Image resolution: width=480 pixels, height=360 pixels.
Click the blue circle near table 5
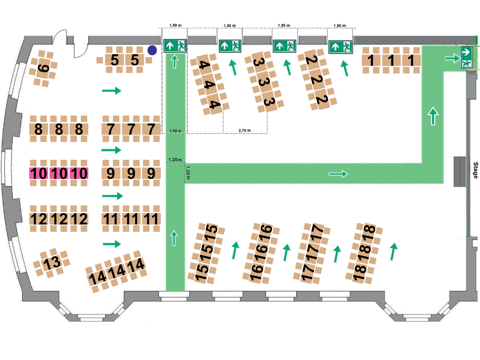pyautogui.click(x=152, y=50)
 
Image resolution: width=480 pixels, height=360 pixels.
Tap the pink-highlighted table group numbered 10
pyautogui.click(x=59, y=173)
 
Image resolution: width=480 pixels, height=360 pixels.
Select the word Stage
pyautogui.click(x=475, y=170)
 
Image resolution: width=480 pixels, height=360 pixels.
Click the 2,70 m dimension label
pyautogui.click(x=245, y=131)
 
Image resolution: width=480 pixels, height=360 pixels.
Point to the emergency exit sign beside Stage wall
pyautogui.click(x=467, y=57)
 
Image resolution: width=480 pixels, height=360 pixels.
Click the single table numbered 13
pyautogui.click(x=51, y=263)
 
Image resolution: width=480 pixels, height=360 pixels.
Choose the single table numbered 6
pyautogui.click(x=43, y=68)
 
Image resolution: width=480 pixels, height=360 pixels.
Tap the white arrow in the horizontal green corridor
pyautogui.click(x=338, y=174)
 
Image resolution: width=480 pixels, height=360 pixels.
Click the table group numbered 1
pyautogui.click(x=391, y=60)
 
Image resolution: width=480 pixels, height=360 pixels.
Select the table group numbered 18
pyautogui.click(x=364, y=253)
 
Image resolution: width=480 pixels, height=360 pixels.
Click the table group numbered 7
pyautogui.click(x=131, y=129)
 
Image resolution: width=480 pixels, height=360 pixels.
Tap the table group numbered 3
pyautogui.click(x=264, y=82)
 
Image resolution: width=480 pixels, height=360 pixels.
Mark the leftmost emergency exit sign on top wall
pyautogui.click(x=175, y=46)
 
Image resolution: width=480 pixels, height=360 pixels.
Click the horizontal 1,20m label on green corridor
pyautogui.click(x=175, y=159)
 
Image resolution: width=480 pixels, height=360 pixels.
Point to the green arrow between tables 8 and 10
pyautogui.click(x=111, y=150)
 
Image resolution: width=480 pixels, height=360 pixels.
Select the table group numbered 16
pyautogui.click(x=261, y=253)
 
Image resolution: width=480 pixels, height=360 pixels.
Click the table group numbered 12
pyautogui.click(x=59, y=219)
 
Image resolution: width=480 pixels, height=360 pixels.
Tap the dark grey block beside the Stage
pyautogui.click(x=459, y=171)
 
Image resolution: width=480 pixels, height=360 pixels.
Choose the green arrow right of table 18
pyautogui.click(x=394, y=252)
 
